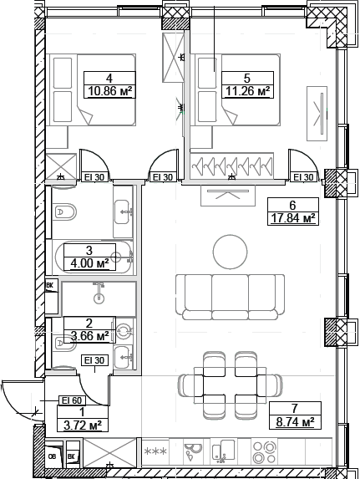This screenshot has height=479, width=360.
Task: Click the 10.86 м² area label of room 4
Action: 110,91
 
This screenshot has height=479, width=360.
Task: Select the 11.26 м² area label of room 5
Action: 247,91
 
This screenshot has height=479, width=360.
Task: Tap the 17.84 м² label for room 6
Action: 293,218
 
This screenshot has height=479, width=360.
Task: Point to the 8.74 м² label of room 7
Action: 296,422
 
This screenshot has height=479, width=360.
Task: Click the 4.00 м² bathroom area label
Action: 89,263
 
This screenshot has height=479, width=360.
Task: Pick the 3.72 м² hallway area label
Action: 83,425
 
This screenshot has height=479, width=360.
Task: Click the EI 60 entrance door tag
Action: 72,400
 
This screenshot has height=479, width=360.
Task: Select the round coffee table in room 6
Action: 231,252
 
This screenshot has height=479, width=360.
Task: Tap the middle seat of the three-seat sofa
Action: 230,297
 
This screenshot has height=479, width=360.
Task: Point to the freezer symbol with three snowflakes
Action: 155,451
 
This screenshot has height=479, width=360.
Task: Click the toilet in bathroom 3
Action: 63,211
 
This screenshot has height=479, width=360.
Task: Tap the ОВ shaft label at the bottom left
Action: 53,457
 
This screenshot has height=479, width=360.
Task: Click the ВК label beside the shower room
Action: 49,285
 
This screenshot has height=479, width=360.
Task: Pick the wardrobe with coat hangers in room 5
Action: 231,166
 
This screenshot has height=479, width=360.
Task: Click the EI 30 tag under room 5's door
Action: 303,177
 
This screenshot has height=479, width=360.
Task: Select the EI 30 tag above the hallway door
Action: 94,360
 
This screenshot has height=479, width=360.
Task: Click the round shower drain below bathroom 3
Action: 99,298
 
